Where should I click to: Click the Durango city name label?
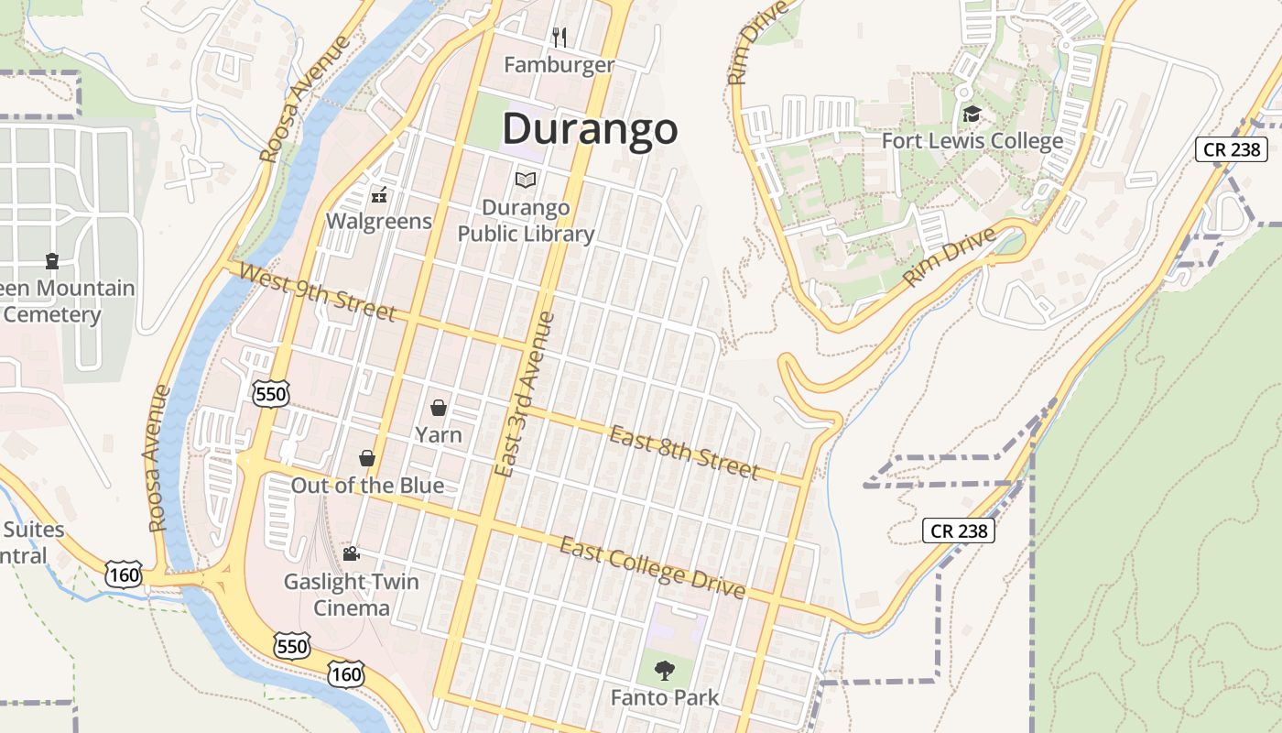point(590,129)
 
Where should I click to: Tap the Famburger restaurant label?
point(559,65)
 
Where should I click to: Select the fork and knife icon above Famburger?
point(560,37)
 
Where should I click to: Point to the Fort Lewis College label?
point(972,141)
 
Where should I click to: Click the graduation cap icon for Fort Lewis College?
point(972,115)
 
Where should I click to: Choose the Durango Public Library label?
point(526,221)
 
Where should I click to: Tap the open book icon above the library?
point(526,180)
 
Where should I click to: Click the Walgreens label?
point(379,221)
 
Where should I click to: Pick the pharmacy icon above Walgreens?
point(378,194)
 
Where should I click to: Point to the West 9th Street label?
point(317,292)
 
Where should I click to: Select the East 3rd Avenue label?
point(524,394)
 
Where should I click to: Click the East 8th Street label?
point(685,453)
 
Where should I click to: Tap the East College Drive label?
point(652,568)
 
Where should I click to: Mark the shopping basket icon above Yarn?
point(439,408)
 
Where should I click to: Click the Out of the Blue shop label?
point(367,486)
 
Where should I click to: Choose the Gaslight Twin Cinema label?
point(351,595)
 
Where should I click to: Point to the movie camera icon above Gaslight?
point(350,553)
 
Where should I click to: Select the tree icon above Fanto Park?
point(664,670)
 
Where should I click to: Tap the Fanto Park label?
point(665,697)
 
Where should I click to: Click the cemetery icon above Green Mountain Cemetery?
point(52,261)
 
